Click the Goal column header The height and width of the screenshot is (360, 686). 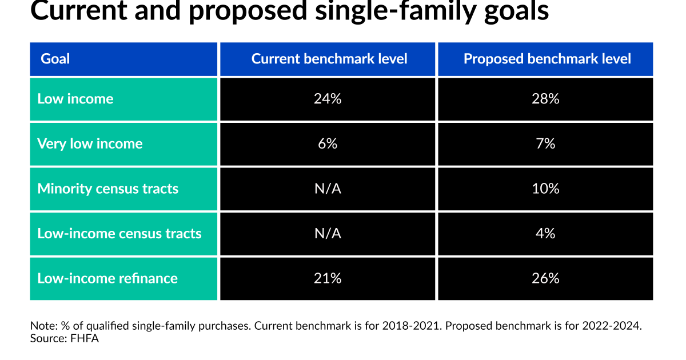click(55, 59)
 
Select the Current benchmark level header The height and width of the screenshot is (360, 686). click(329, 59)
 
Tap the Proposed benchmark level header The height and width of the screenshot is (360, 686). click(547, 59)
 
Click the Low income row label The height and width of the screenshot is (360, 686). click(75, 99)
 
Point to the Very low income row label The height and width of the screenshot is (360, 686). click(90, 144)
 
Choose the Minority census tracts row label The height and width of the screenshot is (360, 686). click(108, 189)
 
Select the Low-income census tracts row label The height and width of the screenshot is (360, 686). click(119, 234)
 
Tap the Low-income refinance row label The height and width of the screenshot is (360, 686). click(107, 278)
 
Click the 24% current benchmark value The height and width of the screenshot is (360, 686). click(328, 99)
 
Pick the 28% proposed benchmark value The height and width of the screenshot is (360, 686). click(545, 99)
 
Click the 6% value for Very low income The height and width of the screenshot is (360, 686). click(328, 144)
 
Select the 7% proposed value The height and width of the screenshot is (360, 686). click(545, 144)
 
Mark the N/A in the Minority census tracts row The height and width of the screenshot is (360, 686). click(328, 189)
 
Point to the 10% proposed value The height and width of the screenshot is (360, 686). click(545, 189)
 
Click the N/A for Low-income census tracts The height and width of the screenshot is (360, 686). click(328, 234)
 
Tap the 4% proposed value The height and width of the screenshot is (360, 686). click(545, 234)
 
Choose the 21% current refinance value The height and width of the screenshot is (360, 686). click(328, 278)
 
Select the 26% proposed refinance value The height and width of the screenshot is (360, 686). click(545, 278)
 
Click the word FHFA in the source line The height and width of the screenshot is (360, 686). click(85, 338)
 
